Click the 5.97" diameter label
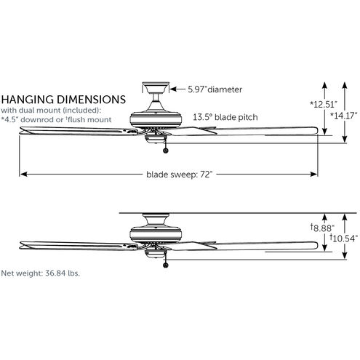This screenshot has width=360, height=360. (215, 89)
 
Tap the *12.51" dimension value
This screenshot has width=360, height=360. (324, 105)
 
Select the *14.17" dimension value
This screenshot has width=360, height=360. (344, 116)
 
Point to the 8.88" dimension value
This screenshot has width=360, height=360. (322, 228)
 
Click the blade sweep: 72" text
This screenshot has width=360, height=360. (180, 175)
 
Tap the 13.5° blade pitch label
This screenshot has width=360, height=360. (225, 117)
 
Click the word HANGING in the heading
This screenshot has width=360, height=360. (28, 100)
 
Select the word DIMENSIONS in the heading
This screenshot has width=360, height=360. (91, 100)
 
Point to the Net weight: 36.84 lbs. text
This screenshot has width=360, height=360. (40, 273)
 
